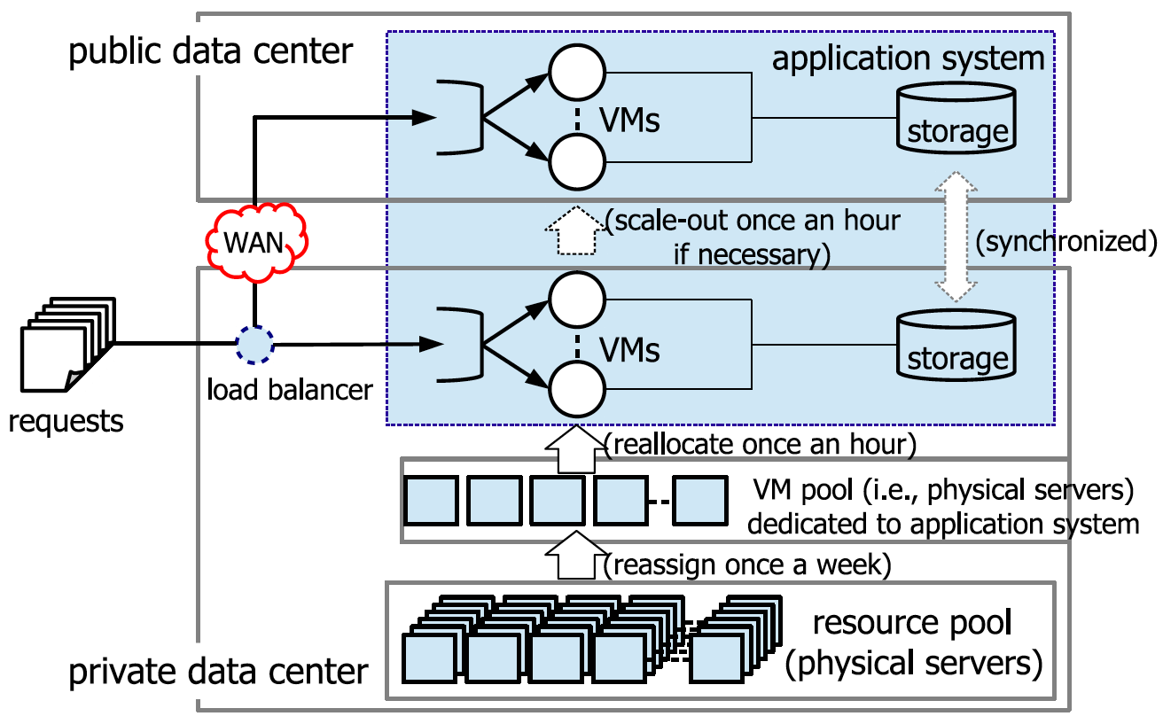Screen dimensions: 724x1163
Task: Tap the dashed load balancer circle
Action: [254, 345]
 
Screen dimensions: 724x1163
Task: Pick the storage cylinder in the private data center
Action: [957, 345]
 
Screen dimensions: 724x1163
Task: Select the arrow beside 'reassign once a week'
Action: [575, 557]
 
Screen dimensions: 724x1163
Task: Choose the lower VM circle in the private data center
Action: [576, 389]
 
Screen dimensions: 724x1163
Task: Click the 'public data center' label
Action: [211, 52]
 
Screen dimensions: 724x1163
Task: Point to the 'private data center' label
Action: [218, 671]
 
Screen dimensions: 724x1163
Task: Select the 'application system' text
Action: [908, 58]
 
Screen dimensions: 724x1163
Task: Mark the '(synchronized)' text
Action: [1066, 241]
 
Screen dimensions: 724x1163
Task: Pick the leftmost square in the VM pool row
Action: [431, 501]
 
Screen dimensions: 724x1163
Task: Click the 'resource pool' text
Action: [912, 623]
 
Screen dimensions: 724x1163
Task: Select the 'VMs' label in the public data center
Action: [628, 120]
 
